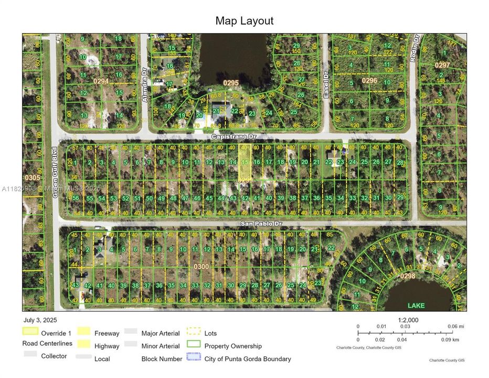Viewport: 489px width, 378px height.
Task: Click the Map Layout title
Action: coord(244,21)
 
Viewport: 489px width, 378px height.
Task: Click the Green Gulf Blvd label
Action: coord(54,172)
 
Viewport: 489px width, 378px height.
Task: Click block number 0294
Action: coord(101,81)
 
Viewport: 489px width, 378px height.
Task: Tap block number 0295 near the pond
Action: coord(231,83)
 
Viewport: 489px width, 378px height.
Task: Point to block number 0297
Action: coord(442,65)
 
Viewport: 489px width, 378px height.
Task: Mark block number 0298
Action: coord(407,276)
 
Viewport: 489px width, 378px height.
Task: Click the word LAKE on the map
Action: coord(417,306)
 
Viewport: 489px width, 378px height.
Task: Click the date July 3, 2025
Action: coord(40,320)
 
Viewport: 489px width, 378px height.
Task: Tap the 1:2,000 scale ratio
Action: coord(408,320)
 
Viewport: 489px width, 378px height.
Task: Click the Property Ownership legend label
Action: coord(233,346)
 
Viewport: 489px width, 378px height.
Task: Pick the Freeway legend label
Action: coord(107,333)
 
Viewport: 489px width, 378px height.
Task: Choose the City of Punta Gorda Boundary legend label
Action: coord(248,359)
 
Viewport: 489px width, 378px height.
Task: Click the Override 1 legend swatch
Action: coord(30,332)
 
